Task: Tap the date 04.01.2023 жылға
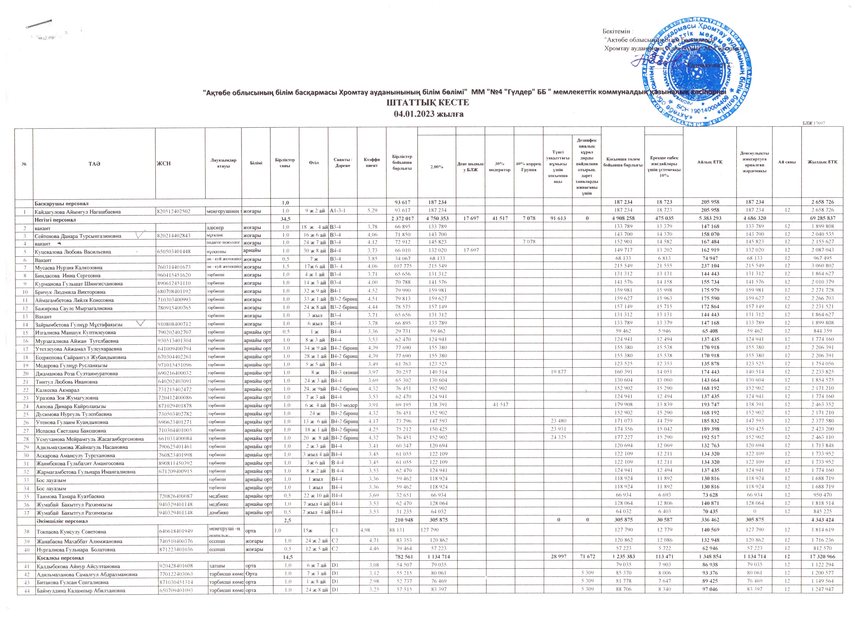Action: pyautogui.click(x=428, y=114)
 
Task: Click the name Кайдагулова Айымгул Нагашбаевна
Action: pyautogui.click(x=78, y=212)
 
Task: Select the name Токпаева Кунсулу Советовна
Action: pyautogui.click(x=71, y=531)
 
